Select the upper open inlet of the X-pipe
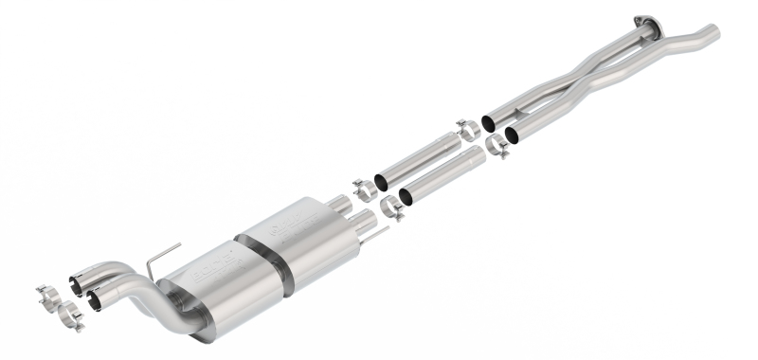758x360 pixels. (489, 123)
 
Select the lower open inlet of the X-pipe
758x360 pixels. (513, 135)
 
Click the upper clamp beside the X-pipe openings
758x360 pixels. (467, 130)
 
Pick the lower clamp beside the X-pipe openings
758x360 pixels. (497, 147)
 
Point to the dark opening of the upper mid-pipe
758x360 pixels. (382, 181)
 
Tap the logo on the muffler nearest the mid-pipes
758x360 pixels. (285, 228)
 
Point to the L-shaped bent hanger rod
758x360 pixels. (160, 259)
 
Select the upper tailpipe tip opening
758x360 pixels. (77, 281)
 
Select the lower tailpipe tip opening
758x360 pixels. (96, 299)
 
